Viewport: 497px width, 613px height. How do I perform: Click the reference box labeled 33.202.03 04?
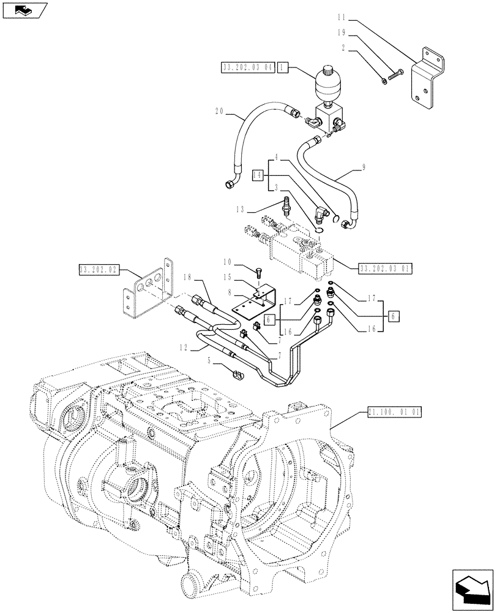coord(247,67)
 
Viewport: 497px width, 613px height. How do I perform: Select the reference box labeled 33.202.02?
coord(100,269)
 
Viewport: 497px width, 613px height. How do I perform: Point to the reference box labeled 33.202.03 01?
coord(385,267)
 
